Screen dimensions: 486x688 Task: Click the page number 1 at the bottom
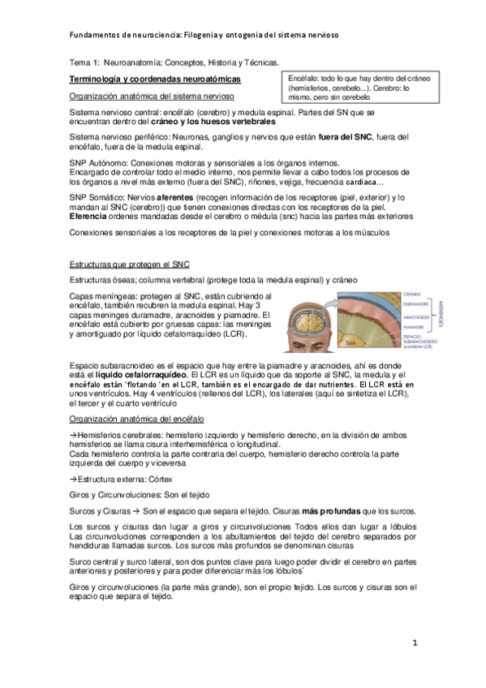point(414,643)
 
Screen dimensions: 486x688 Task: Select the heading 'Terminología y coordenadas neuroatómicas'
point(154,79)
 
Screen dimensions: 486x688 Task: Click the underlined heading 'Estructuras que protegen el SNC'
point(129,264)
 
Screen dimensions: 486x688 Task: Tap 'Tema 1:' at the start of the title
point(82,62)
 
